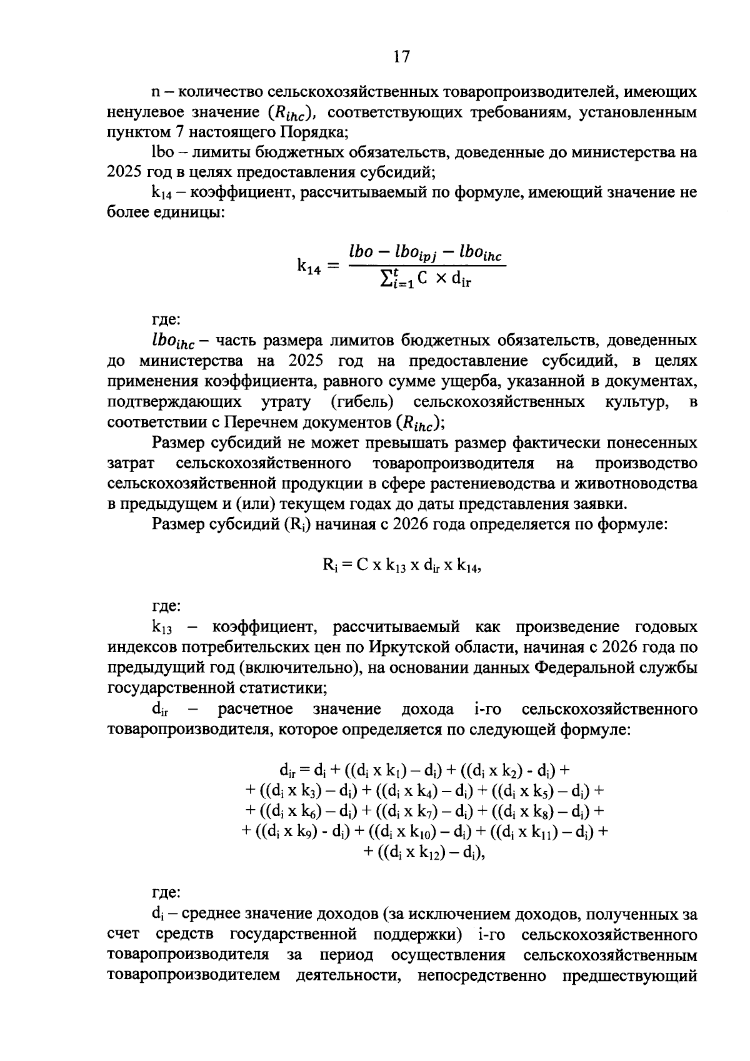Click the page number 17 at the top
(401, 57)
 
